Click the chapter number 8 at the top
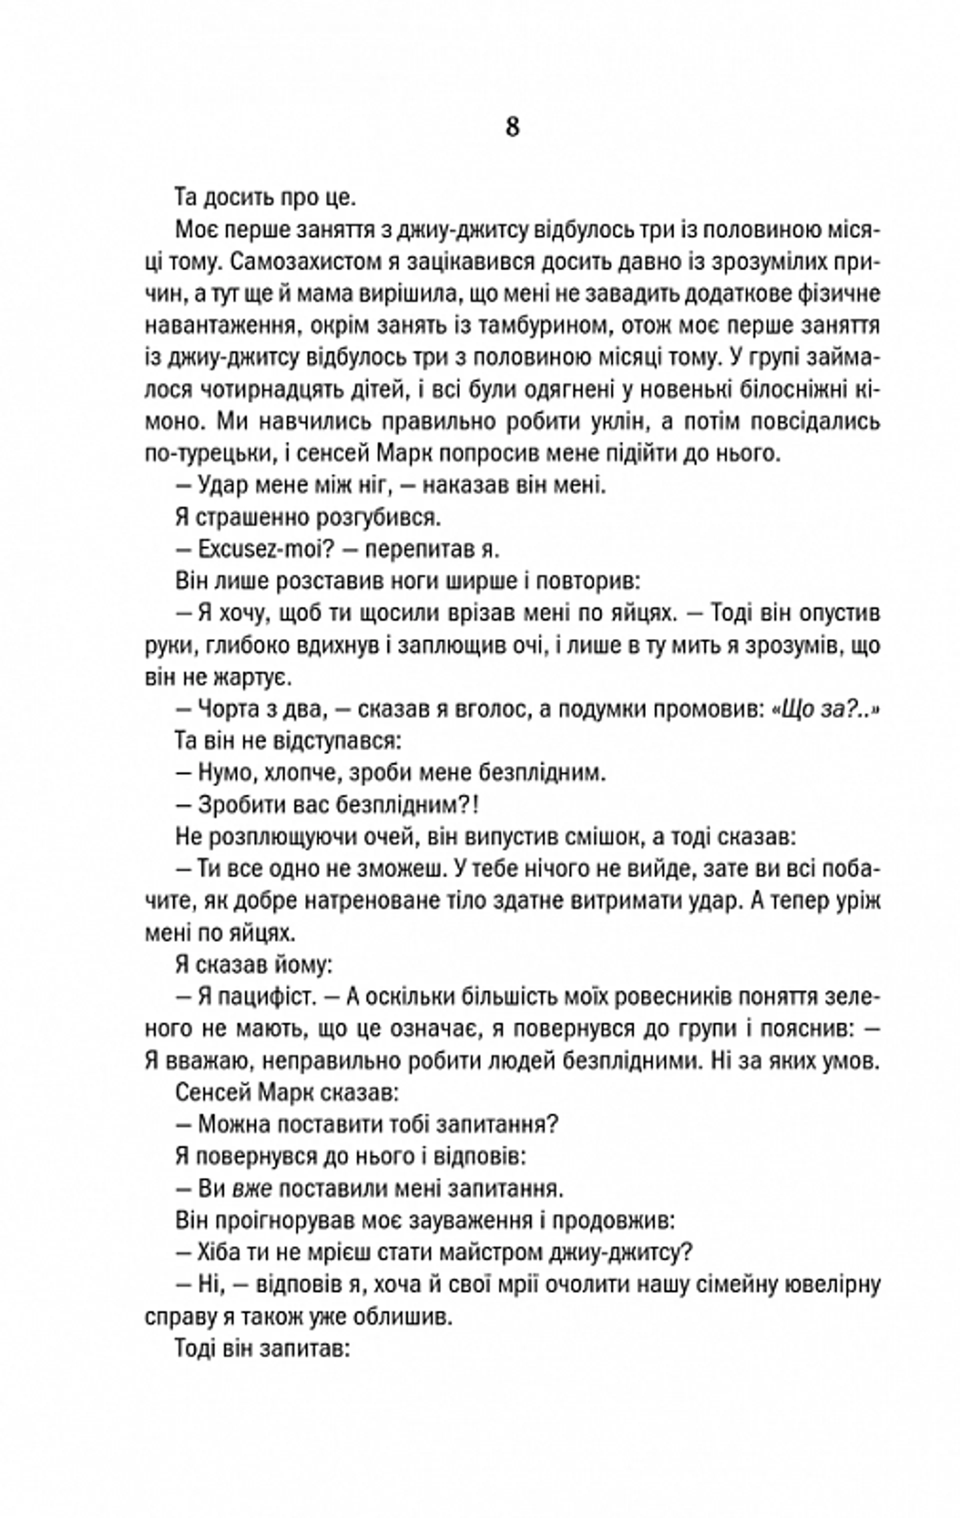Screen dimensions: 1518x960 (512, 128)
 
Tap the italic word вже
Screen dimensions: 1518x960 (252, 1189)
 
